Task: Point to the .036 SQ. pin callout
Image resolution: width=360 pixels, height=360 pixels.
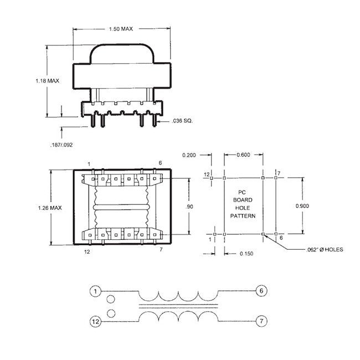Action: click(x=182, y=120)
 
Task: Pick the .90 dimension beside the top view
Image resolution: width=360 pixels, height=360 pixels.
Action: click(x=189, y=207)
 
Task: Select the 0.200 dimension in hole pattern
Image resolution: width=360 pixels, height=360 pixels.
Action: click(x=189, y=156)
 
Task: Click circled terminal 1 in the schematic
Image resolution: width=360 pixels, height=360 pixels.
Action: click(x=96, y=291)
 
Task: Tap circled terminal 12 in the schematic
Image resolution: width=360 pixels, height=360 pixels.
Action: click(x=96, y=321)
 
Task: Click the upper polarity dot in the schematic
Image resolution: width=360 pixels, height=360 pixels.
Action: click(x=111, y=300)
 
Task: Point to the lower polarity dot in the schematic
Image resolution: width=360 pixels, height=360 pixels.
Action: click(x=111, y=313)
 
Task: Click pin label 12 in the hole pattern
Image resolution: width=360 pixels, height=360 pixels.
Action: click(x=207, y=174)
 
